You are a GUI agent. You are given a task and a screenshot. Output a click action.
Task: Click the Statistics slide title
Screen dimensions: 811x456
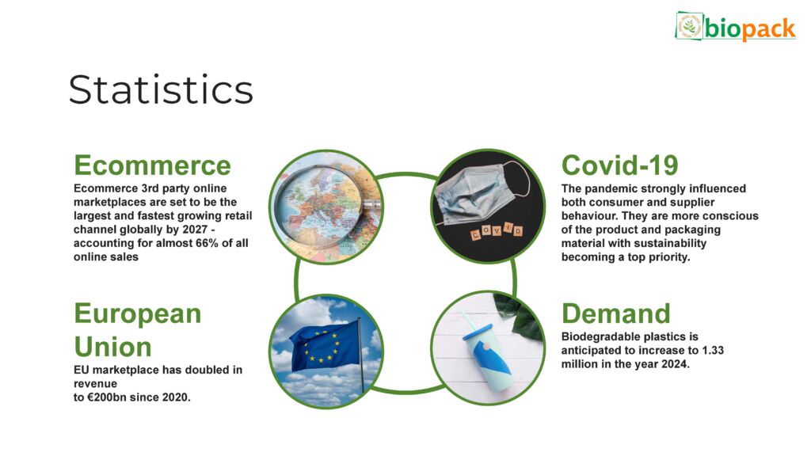pyautogui.click(x=161, y=89)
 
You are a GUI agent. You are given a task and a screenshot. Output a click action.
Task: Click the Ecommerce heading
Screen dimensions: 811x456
pyautogui.click(x=152, y=165)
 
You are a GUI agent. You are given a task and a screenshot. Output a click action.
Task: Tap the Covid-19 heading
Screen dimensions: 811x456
pyautogui.click(x=619, y=165)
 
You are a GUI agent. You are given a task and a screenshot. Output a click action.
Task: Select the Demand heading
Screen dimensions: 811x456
pyautogui.click(x=615, y=313)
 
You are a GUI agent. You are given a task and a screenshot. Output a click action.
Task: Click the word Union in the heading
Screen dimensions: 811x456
pyautogui.click(x=112, y=347)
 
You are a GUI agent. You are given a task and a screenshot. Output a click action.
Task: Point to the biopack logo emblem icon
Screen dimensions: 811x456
pyautogui.click(x=689, y=26)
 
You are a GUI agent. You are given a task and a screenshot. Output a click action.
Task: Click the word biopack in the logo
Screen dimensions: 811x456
pyautogui.click(x=750, y=28)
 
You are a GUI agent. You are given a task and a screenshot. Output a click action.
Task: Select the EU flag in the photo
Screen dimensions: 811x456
pyautogui.click(x=324, y=345)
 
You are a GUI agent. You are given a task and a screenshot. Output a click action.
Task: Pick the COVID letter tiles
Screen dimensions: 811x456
pyautogui.click(x=497, y=231)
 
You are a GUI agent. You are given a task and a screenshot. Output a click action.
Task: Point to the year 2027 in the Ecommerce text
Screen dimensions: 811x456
pyautogui.click(x=195, y=230)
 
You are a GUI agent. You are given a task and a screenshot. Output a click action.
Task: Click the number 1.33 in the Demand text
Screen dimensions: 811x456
pyautogui.click(x=713, y=351)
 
